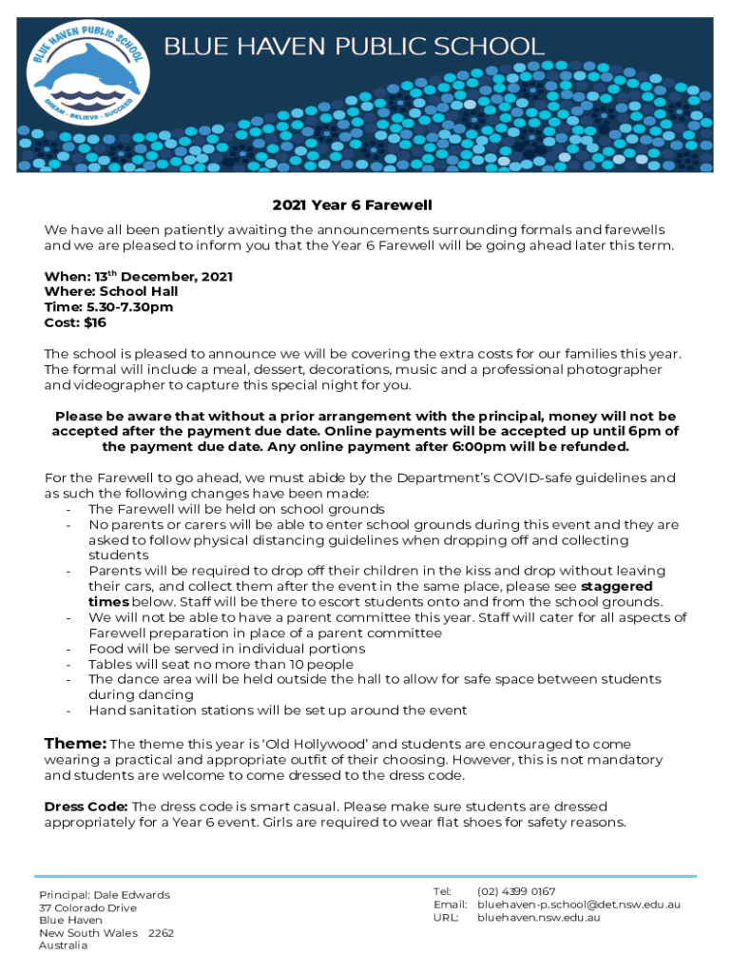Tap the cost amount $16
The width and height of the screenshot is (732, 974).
pos(95,323)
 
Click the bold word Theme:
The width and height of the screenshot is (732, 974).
pos(76,743)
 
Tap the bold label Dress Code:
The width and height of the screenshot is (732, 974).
pos(87,807)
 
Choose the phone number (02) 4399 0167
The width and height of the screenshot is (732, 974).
pos(516,891)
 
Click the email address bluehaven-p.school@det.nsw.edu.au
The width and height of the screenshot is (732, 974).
pos(579,905)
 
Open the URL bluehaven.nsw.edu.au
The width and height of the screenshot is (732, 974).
pos(539,918)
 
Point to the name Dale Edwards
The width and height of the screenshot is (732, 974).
pos(132,895)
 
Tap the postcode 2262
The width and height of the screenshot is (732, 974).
pos(162,933)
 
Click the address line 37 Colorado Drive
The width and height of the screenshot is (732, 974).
pos(87,908)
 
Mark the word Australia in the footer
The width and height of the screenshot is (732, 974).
pos(63,945)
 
